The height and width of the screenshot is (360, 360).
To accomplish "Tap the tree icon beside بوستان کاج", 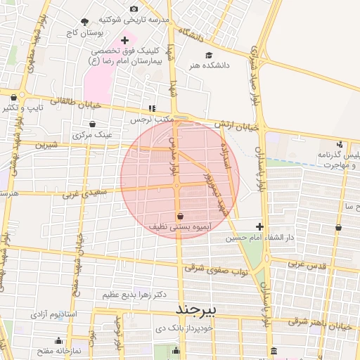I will coord(85,22).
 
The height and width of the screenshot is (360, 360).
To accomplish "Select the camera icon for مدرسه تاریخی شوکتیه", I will coord(134,9).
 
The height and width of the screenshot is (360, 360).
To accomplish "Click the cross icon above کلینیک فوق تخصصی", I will coord(125,41).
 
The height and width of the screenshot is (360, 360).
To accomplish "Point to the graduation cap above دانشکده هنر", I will coord(208,55).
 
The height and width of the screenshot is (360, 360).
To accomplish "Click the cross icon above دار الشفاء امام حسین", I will coord(260,226).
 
